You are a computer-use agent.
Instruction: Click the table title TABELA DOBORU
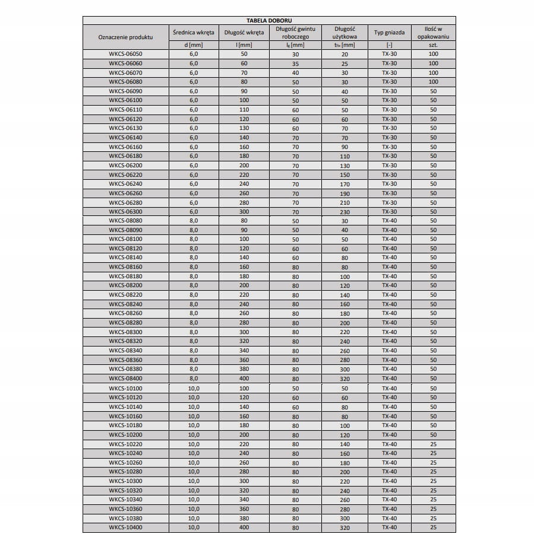click(269, 20)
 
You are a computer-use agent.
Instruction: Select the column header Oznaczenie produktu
click(125, 37)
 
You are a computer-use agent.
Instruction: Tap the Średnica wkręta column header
click(193, 32)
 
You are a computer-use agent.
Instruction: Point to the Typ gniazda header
click(389, 32)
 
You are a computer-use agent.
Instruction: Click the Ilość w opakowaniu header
click(433, 32)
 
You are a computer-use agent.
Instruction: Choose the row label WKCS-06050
click(125, 54)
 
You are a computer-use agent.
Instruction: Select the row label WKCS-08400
click(125, 379)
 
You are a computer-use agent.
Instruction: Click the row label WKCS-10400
click(125, 527)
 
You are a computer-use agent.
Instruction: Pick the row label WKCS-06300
click(125, 212)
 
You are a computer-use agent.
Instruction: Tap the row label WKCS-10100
click(125, 389)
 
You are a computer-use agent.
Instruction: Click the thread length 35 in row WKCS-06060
click(295, 63)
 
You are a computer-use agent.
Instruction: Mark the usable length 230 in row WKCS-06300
click(345, 212)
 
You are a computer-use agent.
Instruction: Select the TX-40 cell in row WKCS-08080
click(389, 221)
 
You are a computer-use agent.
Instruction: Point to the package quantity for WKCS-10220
click(433, 444)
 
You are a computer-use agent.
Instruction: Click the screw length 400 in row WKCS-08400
click(244, 379)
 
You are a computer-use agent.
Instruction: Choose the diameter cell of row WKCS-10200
click(193, 435)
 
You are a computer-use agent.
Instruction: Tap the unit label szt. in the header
click(433, 44)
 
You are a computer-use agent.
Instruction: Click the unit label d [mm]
click(193, 44)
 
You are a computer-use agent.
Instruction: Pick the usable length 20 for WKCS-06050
click(345, 54)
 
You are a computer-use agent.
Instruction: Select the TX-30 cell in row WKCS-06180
click(389, 156)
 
